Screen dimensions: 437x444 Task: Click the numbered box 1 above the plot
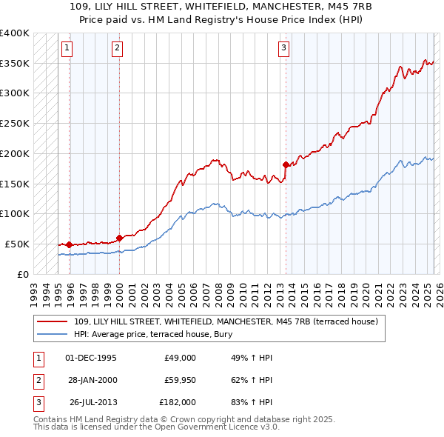pyautogui.click(x=67, y=49)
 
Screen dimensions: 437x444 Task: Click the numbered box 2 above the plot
pyautogui.click(x=118, y=49)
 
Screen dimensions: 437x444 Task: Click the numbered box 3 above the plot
pyautogui.click(x=283, y=49)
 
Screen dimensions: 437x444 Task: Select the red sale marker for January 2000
pyautogui.click(x=119, y=238)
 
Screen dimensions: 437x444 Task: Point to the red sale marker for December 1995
pyautogui.click(x=69, y=244)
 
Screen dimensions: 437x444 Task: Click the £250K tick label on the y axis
pyautogui.click(x=14, y=123)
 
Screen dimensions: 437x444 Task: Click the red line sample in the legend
pyautogui.click(x=53, y=321)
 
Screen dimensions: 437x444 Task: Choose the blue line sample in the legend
pyautogui.click(x=53, y=334)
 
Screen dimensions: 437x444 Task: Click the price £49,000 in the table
pyautogui.click(x=180, y=357)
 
